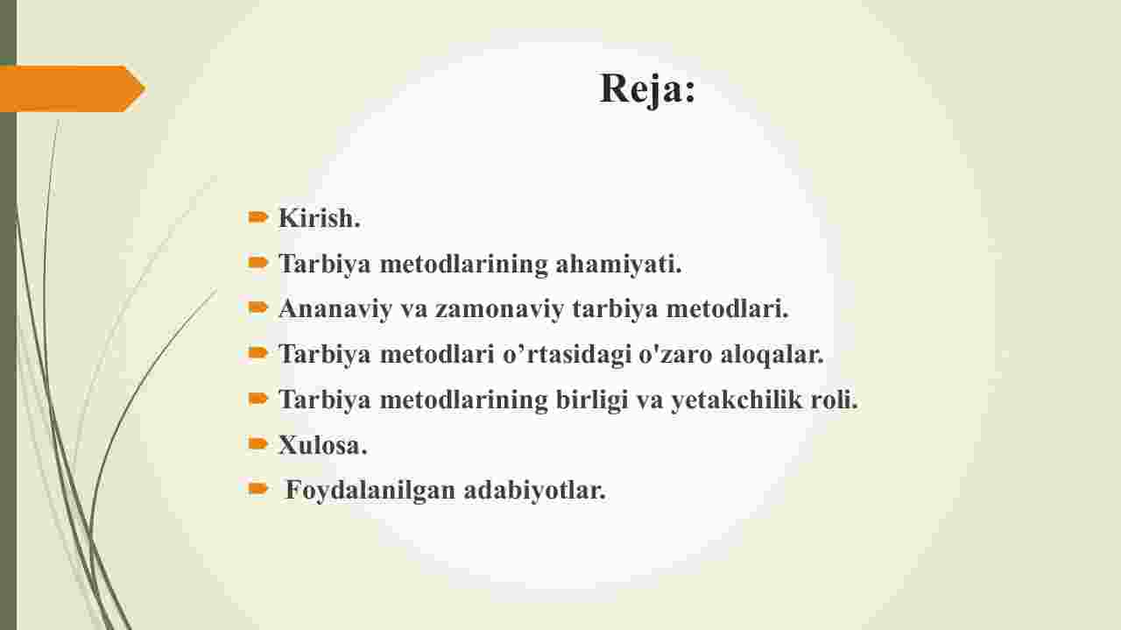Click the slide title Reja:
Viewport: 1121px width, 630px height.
tap(647, 88)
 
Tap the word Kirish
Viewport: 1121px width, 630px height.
tap(320, 218)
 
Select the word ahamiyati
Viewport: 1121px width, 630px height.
tap(619, 264)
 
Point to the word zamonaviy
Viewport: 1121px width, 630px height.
tap(499, 308)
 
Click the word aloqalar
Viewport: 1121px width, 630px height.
tap(772, 354)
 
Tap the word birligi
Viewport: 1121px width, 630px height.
tap(592, 400)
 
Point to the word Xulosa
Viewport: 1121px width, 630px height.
tap(323, 445)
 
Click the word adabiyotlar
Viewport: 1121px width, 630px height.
tap(535, 490)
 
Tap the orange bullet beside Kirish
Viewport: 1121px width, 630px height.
tap(257, 216)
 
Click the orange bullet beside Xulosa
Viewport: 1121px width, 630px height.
tap(257, 443)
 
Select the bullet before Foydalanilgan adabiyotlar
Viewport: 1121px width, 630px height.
tap(257, 488)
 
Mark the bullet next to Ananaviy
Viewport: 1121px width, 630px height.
tap(257, 307)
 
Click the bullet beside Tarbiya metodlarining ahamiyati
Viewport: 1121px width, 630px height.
tap(257, 262)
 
